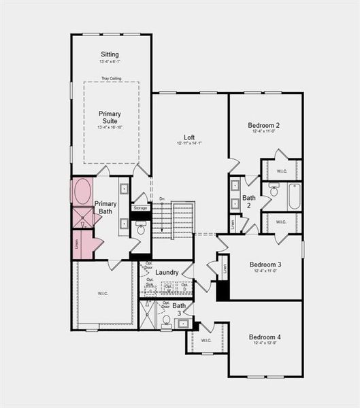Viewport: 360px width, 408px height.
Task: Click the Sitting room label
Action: (x=110, y=54)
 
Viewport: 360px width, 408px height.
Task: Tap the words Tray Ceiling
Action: (x=111, y=78)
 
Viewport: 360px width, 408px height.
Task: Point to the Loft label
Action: (x=189, y=136)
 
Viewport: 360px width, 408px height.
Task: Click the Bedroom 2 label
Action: (x=265, y=125)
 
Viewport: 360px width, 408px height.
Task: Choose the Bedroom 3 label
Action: (x=265, y=265)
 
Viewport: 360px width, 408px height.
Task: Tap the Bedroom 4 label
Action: (x=265, y=337)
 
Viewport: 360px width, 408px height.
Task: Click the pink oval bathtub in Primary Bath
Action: (x=83, y=192)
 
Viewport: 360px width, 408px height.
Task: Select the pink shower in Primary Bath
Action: (x=83, y=218)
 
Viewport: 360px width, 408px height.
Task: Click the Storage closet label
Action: (x=140, y=207)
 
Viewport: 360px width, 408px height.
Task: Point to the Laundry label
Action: (x=167, y=273)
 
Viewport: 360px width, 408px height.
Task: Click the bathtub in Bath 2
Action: (x=294, y=197)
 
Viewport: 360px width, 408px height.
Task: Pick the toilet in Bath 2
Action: (x=274, y=190)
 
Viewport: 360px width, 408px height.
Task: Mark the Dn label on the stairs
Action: (x=162, y=199)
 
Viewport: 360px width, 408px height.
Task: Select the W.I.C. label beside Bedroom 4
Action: (x=206, y=340)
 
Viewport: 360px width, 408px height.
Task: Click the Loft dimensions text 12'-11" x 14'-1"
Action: (x=189, y=143)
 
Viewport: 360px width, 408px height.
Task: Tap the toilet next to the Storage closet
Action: (x=141, y=230)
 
